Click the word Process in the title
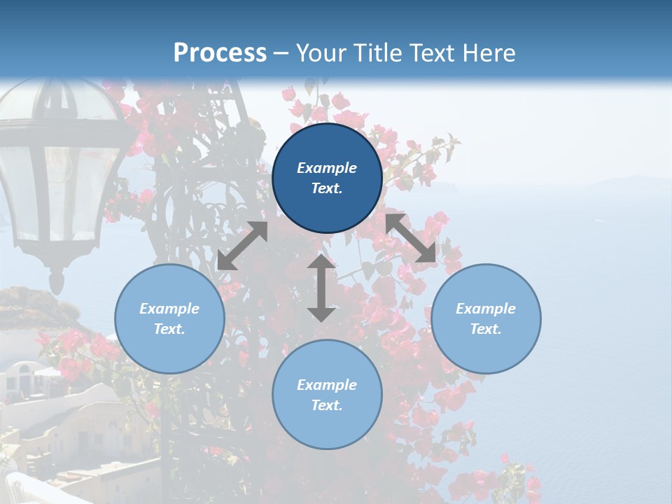220,52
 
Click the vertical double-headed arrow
321,288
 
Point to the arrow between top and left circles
242,246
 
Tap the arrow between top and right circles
411,238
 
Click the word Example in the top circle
327,168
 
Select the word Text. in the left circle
169,329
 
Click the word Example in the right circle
486,309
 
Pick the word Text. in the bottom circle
327,405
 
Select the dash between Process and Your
281,53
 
